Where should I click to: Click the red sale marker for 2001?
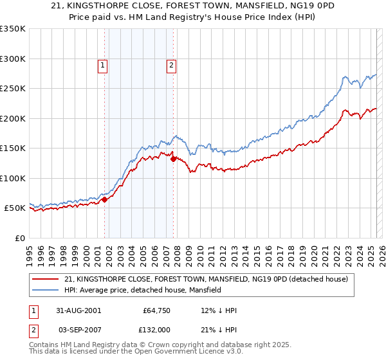104,199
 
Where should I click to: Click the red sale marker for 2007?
173,159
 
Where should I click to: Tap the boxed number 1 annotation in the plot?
104,64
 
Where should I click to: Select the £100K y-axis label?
12,179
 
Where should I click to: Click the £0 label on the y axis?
19,239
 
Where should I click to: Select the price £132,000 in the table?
156,330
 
